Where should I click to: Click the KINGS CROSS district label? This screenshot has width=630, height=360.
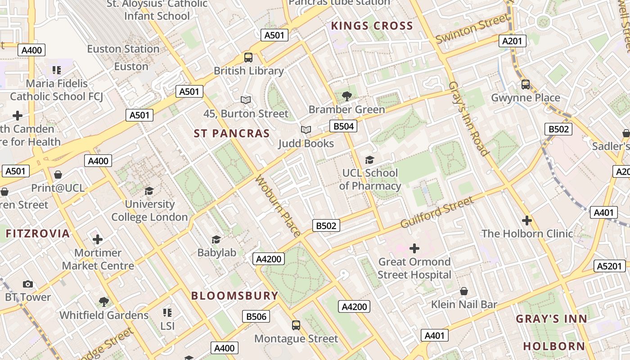(372, 26)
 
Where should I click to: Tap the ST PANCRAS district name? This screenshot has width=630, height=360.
(232, 134)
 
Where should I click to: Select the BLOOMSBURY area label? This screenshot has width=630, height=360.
(235, 296)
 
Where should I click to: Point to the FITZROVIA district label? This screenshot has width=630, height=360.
(38, 234)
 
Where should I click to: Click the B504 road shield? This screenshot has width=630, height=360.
(343, 126)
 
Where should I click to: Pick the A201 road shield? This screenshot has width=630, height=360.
(512, 41)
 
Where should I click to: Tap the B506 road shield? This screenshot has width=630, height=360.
(256, 316)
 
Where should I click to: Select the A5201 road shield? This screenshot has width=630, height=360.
(610, 266)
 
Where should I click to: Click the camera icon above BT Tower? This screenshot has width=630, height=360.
(28, 284)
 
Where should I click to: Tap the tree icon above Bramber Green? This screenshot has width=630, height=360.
(346, 96)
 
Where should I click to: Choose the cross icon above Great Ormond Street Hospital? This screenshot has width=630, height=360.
(414, 248)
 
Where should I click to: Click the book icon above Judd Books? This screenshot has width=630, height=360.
(306, 130)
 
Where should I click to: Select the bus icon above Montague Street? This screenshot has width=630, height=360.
(296, 325)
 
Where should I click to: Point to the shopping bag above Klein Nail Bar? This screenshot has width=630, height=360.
(464, 292)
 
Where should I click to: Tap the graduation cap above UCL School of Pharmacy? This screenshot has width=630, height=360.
(369, 160)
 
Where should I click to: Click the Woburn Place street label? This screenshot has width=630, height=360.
(278, 206)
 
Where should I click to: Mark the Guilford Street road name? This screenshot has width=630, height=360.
(436, 212)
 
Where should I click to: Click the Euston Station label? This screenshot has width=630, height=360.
(123, 49)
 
